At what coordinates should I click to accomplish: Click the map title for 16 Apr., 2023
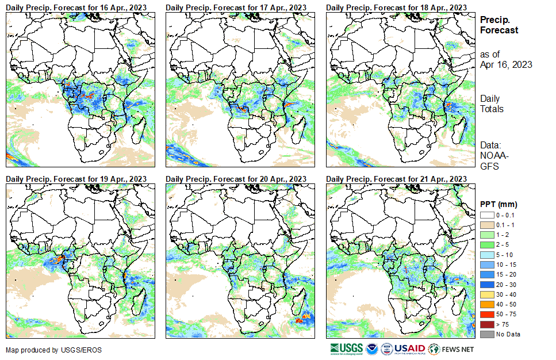click(76, 6)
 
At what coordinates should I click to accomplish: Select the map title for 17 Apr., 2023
click(236, 6)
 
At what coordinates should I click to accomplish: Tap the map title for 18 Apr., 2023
click(396, 6)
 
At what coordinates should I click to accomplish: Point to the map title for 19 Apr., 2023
click(76, 179)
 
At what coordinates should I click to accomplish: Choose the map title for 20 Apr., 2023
click(236, 179)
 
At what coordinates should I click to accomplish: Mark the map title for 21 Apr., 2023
click(396, 179)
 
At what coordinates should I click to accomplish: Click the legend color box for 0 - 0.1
click(486, 215)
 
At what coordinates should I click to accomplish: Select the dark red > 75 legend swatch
click(486, 324)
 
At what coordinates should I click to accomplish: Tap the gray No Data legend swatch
click(486, 334)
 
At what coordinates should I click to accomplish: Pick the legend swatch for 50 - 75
click(486, 315)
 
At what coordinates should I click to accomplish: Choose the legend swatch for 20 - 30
click(486, 285)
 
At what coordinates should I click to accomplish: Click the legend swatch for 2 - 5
click(486, 245)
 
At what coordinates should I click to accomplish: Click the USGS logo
click(346, 348)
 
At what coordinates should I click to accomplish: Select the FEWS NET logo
click(451, 348)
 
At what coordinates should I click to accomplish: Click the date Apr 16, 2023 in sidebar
click(506, 64)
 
